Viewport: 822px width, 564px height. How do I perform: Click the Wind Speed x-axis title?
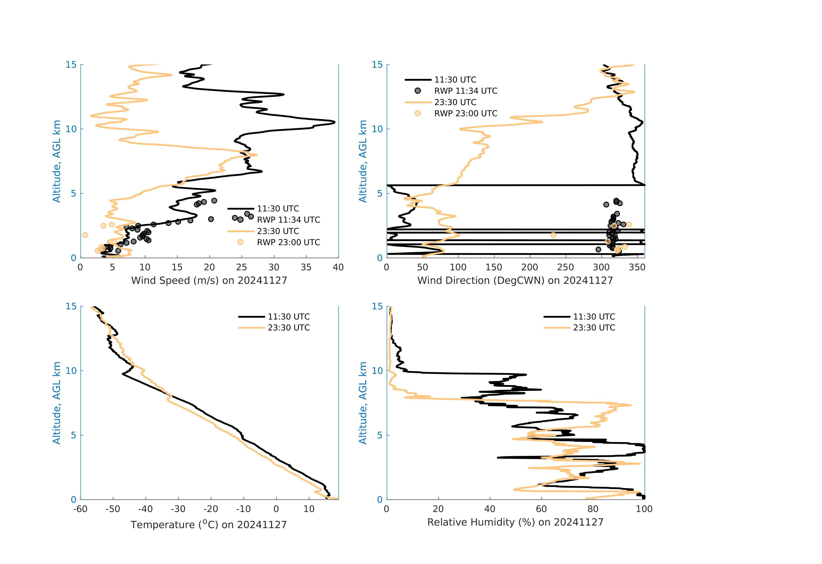point(209,280)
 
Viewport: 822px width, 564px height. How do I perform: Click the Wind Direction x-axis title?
point(515,280)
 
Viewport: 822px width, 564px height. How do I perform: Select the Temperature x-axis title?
point(208,524)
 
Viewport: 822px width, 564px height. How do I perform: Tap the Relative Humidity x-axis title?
point(515,522)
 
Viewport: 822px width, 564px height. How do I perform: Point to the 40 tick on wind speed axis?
point(338,267)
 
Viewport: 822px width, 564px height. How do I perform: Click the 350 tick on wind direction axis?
point(637,267)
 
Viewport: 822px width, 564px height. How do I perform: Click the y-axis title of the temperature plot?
point(57,403)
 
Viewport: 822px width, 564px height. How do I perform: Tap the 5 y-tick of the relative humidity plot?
point(380,435)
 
